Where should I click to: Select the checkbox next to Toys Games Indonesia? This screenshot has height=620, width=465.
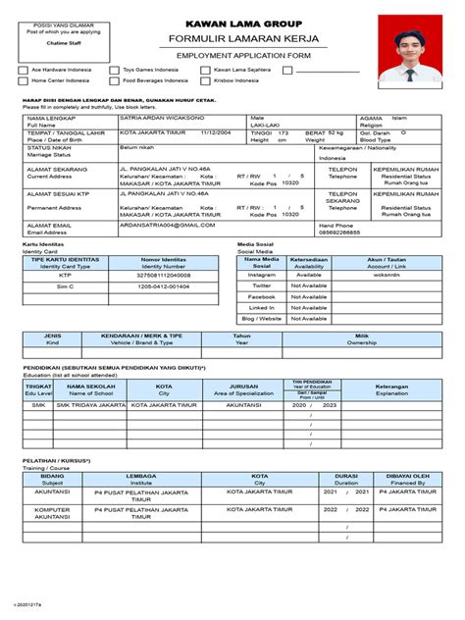[116, 71]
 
